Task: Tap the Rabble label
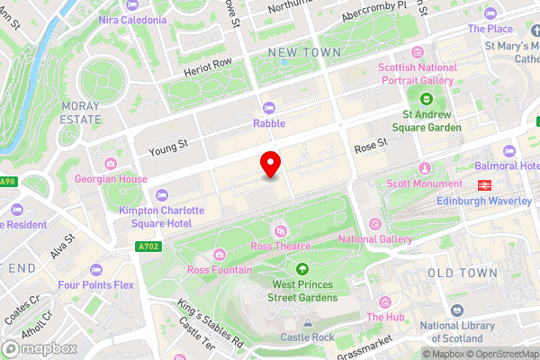[x=269, y=123]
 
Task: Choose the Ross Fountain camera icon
[x=219, y=254]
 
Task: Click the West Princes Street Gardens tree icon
[x=301, y=268]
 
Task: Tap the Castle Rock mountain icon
[x=307, y=321]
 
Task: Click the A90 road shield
[x=7, y=183]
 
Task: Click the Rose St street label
[x=370, y=143]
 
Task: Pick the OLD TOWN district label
[x=462, y=272]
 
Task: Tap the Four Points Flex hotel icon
[x=96, y=270]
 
